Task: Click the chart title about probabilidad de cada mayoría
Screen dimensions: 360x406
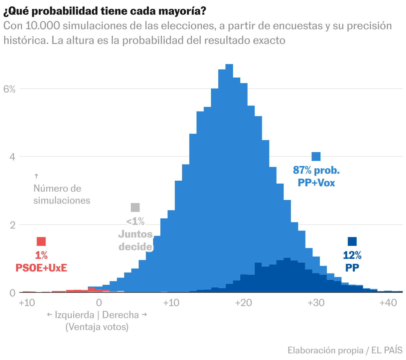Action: [x=104, y=11]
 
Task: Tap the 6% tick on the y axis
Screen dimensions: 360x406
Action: [x=9, y=89]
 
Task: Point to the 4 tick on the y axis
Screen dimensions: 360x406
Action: [x=12, y=157]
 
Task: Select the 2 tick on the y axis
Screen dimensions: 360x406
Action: [x=12, y=225]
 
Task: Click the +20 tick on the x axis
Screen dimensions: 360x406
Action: [x=243, y=303]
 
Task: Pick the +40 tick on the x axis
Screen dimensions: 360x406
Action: [x=388, y=303]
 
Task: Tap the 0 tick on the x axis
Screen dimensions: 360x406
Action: [x=99, y=303]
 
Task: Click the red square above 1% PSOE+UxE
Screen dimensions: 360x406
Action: [x=41, y=242]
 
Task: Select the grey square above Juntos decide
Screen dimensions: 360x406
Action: [x=135, y=207]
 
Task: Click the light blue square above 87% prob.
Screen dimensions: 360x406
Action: [x=316, y=156]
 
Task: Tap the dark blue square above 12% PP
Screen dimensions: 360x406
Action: [x=352, y=242]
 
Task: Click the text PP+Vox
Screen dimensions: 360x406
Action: [x=316, y=183]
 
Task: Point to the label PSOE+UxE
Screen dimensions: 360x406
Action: [x=41, y=268]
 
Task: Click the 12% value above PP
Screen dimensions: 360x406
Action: [x=352, y=255]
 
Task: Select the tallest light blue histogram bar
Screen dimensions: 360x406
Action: [x=229, y=166]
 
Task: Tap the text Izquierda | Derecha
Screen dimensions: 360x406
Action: [x=97, y=315]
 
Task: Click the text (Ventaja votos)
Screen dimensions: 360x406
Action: [x=97, y=327]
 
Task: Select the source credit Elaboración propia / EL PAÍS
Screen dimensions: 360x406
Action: [x=345, y=350]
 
